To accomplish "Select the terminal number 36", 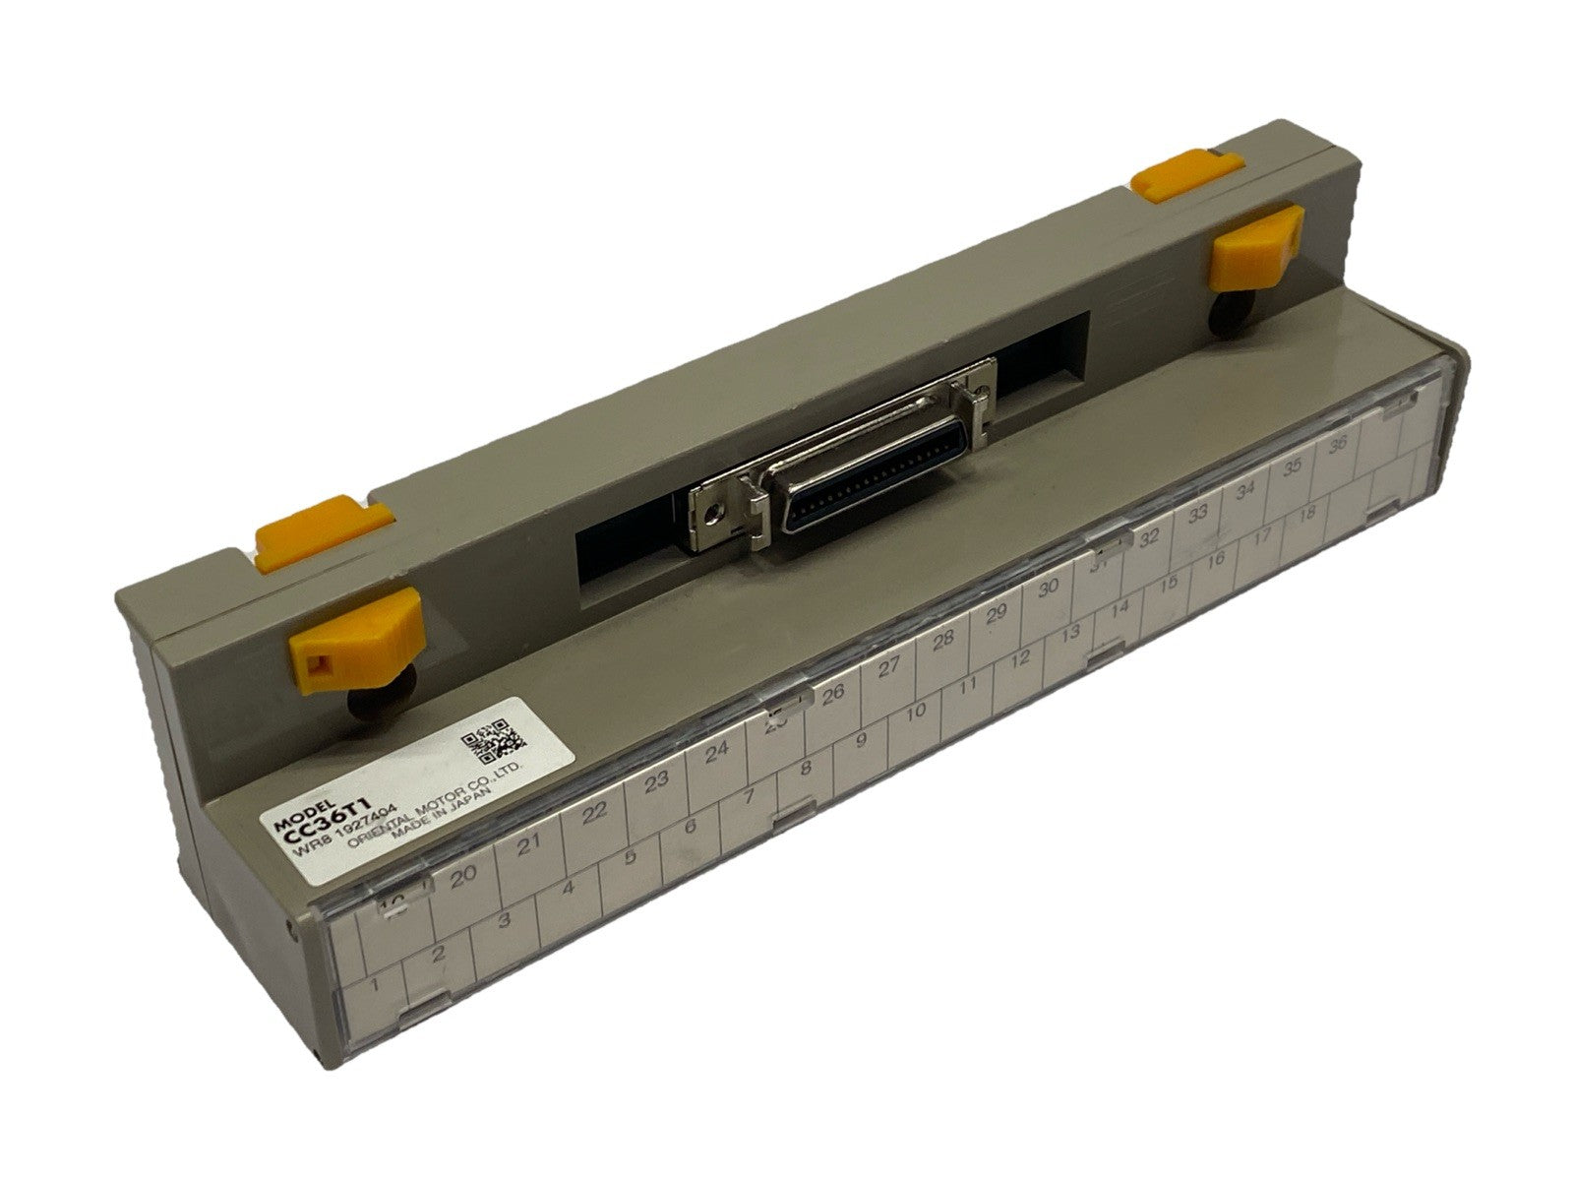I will (x=1338, y=445).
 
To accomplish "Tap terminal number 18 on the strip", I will (x=1307, y=514).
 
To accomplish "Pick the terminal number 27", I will (x=889, y=667).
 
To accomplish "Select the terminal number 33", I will (x=1197, y=513).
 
